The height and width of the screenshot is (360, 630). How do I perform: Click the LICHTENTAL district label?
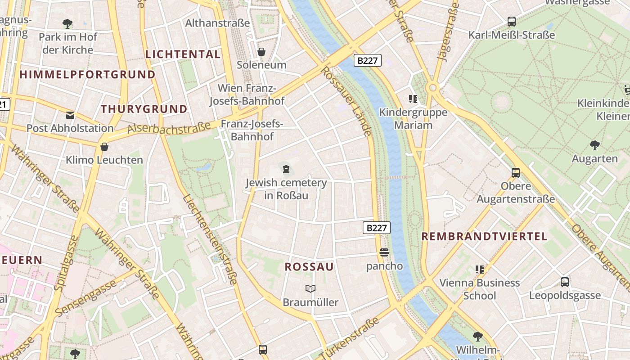183,54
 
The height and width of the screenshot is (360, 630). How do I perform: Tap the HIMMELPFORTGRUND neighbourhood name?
87,74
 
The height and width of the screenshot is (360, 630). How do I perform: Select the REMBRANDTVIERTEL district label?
484,236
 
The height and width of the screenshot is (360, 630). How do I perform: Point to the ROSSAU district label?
309,267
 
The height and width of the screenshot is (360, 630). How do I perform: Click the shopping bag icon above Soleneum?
261,52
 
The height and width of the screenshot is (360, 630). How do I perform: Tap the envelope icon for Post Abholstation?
70,115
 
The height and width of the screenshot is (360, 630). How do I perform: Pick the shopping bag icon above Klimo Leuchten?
104,147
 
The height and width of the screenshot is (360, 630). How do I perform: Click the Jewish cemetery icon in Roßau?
286,169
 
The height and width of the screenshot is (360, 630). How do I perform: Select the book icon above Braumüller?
310,288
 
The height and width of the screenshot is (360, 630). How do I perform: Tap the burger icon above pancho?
384,252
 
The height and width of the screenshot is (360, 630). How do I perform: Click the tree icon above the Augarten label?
594,145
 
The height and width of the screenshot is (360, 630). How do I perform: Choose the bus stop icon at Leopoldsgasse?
565,282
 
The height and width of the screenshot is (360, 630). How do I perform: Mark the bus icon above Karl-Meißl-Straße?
511,21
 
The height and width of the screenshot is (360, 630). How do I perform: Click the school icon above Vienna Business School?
480,270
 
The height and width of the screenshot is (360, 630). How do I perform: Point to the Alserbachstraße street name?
169,128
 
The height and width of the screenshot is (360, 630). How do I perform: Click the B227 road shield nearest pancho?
377,228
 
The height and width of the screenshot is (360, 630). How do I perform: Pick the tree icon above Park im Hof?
67,23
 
